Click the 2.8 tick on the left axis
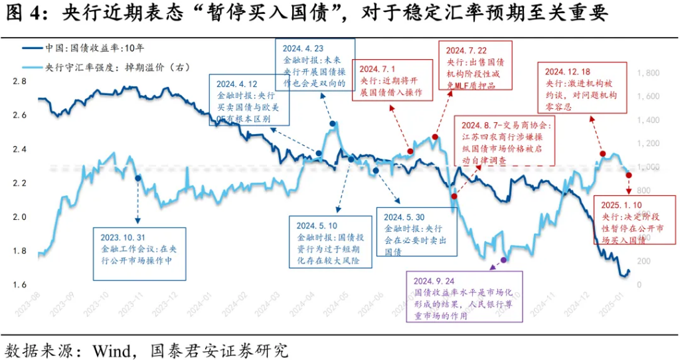[20, 81]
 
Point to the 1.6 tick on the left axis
[20, 285]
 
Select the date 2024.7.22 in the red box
[467, 50]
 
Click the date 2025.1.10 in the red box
[622, 205]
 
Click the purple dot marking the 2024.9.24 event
[503, 260]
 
